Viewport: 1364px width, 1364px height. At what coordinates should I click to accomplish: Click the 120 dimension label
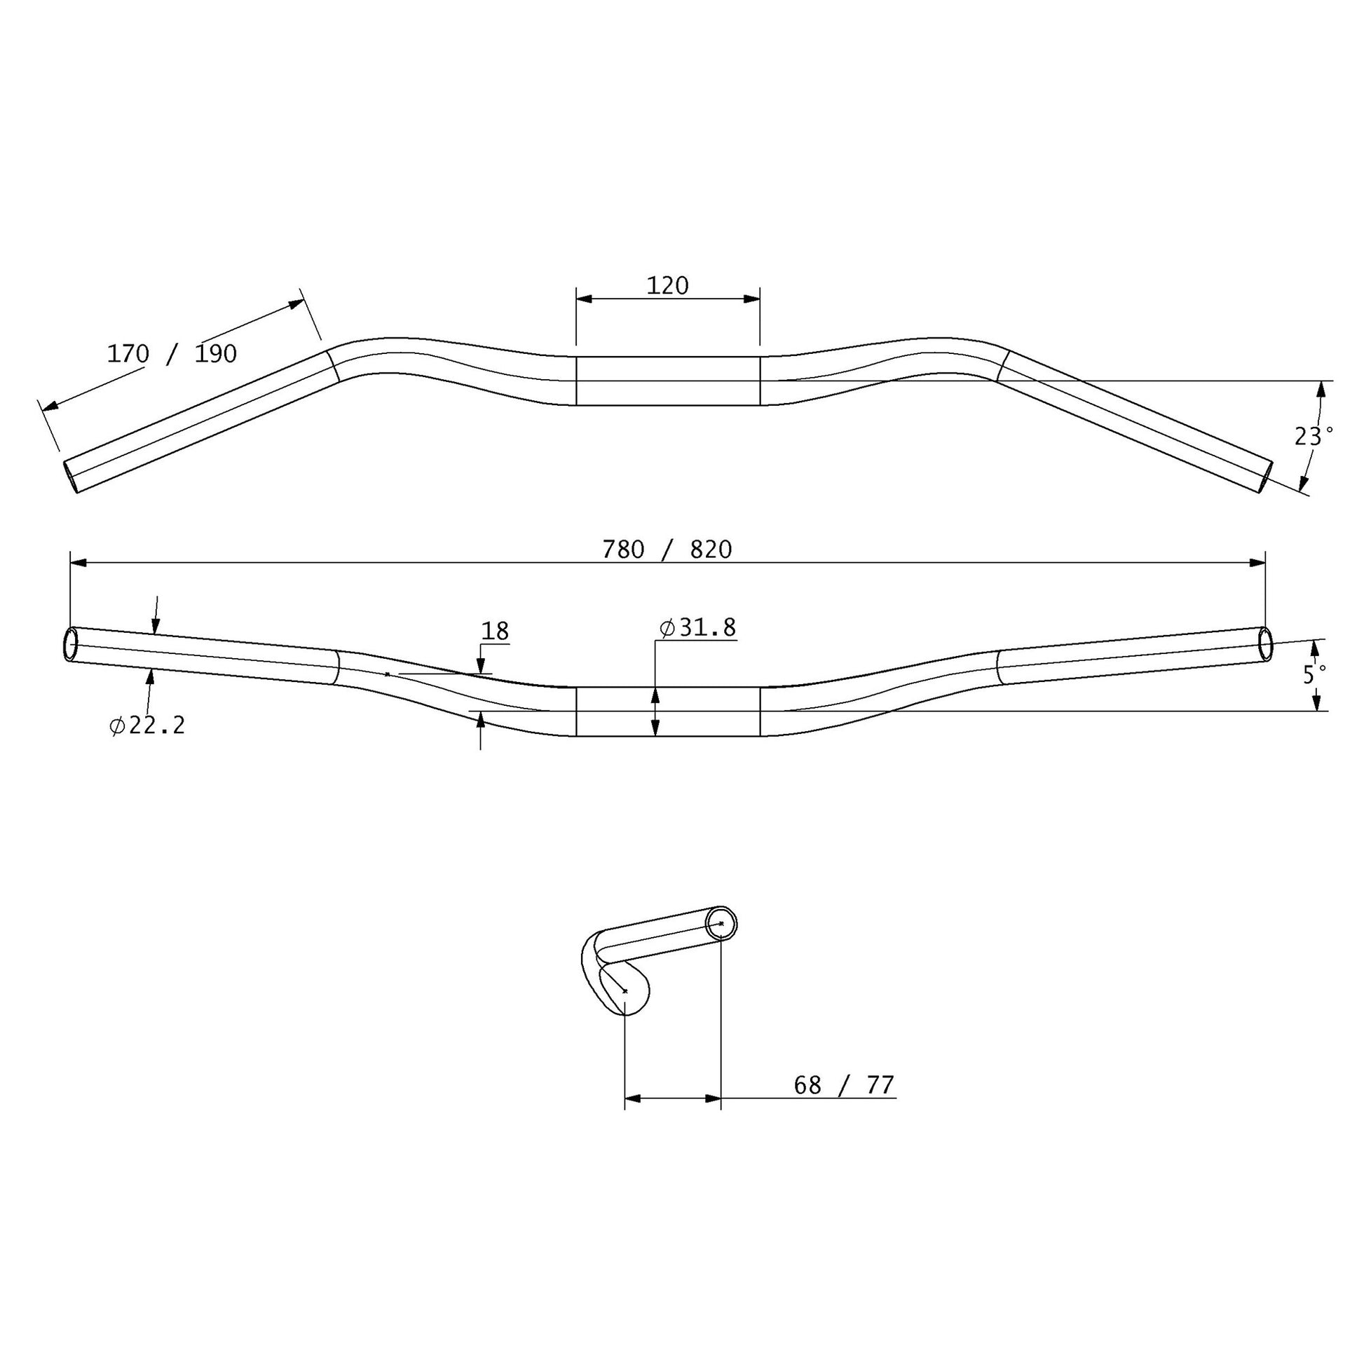tap(667, 286)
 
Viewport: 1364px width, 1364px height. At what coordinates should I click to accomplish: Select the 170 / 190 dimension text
tap(172, 354)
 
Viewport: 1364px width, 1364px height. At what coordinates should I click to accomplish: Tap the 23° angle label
tap(1313, 436)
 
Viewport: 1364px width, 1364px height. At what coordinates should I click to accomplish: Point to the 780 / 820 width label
tap(667, 550)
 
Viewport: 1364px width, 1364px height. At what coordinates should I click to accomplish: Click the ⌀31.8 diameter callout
tap(697, 627)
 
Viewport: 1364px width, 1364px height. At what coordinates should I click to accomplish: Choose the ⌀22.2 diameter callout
tap(148, 725)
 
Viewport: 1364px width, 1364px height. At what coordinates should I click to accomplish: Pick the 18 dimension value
tap(495, 631)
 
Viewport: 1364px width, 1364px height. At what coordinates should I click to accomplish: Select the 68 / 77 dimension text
tap(844, 1085)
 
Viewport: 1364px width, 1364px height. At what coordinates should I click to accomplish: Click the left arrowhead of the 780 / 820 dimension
tap(79, 563)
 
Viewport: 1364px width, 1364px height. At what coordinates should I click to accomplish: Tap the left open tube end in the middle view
tap(71, 645)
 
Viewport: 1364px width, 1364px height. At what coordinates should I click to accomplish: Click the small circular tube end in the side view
tap(721, 923)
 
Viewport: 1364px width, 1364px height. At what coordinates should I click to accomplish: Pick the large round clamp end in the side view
tap(625, 990)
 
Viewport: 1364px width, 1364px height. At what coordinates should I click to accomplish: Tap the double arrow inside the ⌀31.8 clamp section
tap(655, 711)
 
